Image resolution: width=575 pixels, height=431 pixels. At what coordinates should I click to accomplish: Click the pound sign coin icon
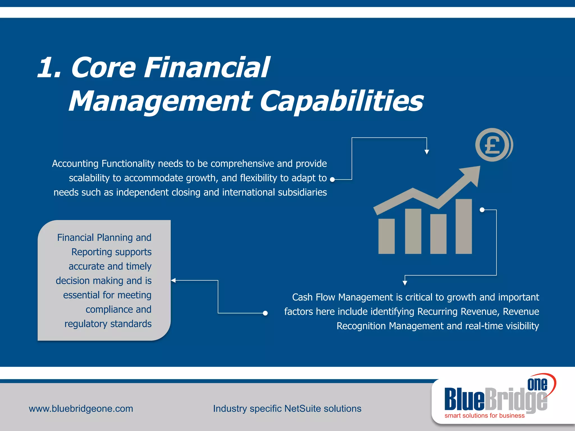coord(492,145)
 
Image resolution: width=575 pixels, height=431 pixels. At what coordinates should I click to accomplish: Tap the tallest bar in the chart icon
coord(464,226)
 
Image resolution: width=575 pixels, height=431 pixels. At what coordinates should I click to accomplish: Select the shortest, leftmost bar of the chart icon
coord(386,236)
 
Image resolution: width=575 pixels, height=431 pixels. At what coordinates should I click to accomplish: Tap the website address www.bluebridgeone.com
coord(81,409)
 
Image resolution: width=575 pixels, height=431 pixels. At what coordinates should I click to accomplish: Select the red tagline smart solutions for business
coord(484,416)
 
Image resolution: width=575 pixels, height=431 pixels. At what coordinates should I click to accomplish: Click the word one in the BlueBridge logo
coord(537,384)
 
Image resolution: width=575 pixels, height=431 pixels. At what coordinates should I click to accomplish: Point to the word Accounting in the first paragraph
coord(75,164)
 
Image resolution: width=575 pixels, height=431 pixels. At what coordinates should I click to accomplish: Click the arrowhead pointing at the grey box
coord(173,280)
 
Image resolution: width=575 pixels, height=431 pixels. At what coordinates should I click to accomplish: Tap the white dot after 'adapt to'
coord(332,180)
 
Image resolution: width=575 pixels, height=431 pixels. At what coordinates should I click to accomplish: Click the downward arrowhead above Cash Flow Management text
coord(405,283)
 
